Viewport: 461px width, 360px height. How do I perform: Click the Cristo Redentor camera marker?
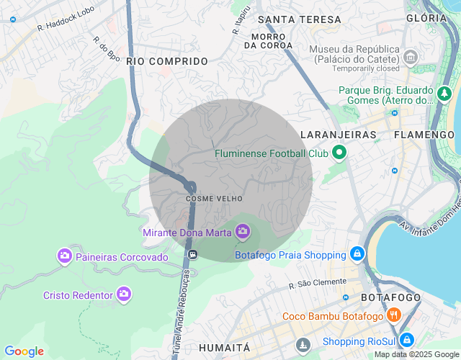coord(124,294)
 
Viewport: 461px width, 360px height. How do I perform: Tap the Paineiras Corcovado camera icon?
coord(65,256)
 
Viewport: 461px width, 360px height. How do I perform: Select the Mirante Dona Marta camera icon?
coord(243,231)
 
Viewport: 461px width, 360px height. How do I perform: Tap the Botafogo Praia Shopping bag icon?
coord(357,254)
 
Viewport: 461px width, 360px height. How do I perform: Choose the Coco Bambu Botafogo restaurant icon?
coord(393,315)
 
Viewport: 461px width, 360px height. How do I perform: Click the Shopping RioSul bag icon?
coord(406,340)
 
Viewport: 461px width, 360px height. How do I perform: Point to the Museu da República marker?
coord(411,56)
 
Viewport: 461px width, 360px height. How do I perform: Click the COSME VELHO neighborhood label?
coord(214,198)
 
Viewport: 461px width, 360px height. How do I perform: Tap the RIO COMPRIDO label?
coord(167,62)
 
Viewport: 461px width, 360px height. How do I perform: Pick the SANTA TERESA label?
coord(299,19)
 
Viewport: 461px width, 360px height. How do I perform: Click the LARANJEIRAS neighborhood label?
coord(339,135)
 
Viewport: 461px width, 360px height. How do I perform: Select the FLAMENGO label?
coord(424,135)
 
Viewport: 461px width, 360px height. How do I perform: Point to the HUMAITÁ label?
coord(223,347)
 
